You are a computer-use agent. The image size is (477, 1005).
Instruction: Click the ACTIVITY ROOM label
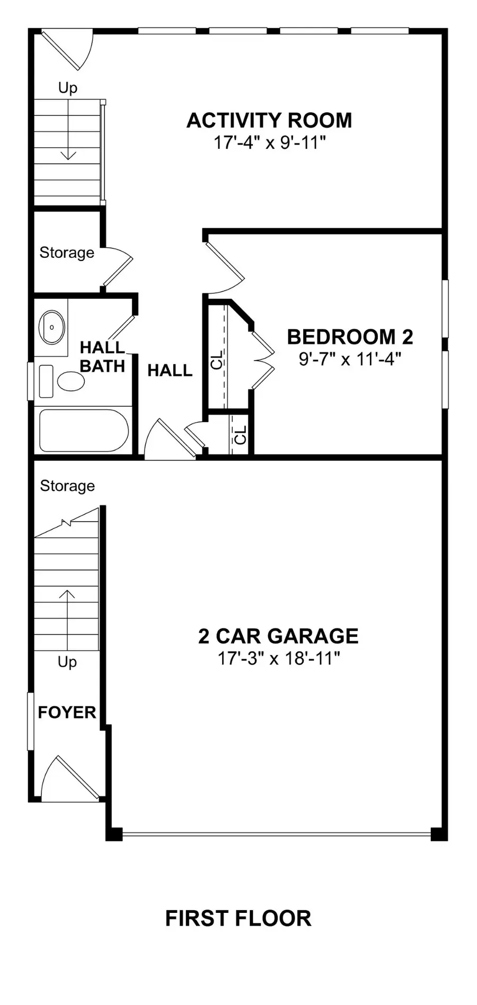(269, 121)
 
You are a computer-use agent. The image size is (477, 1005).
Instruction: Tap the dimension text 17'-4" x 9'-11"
(269, 143)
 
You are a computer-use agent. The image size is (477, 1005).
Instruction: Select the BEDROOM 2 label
(350, 337)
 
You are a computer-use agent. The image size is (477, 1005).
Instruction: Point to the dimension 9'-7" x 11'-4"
(350, 360)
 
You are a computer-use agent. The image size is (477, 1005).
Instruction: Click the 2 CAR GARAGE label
(278, 636)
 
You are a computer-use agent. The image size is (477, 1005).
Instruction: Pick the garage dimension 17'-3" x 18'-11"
(278, 659)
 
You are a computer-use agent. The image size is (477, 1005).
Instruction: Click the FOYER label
(67, 713)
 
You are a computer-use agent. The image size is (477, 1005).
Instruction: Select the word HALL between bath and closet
(170, 371)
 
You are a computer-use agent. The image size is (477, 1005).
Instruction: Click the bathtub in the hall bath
(84, 430)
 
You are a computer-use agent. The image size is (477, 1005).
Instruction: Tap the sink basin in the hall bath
(52, 327)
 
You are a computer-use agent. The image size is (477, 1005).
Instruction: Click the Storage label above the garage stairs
(67, 486)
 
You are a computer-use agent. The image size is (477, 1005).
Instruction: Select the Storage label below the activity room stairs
(67, 253)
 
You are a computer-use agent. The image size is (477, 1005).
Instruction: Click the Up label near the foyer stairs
(67, 662)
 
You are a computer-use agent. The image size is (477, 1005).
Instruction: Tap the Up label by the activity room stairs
(68, 87)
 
